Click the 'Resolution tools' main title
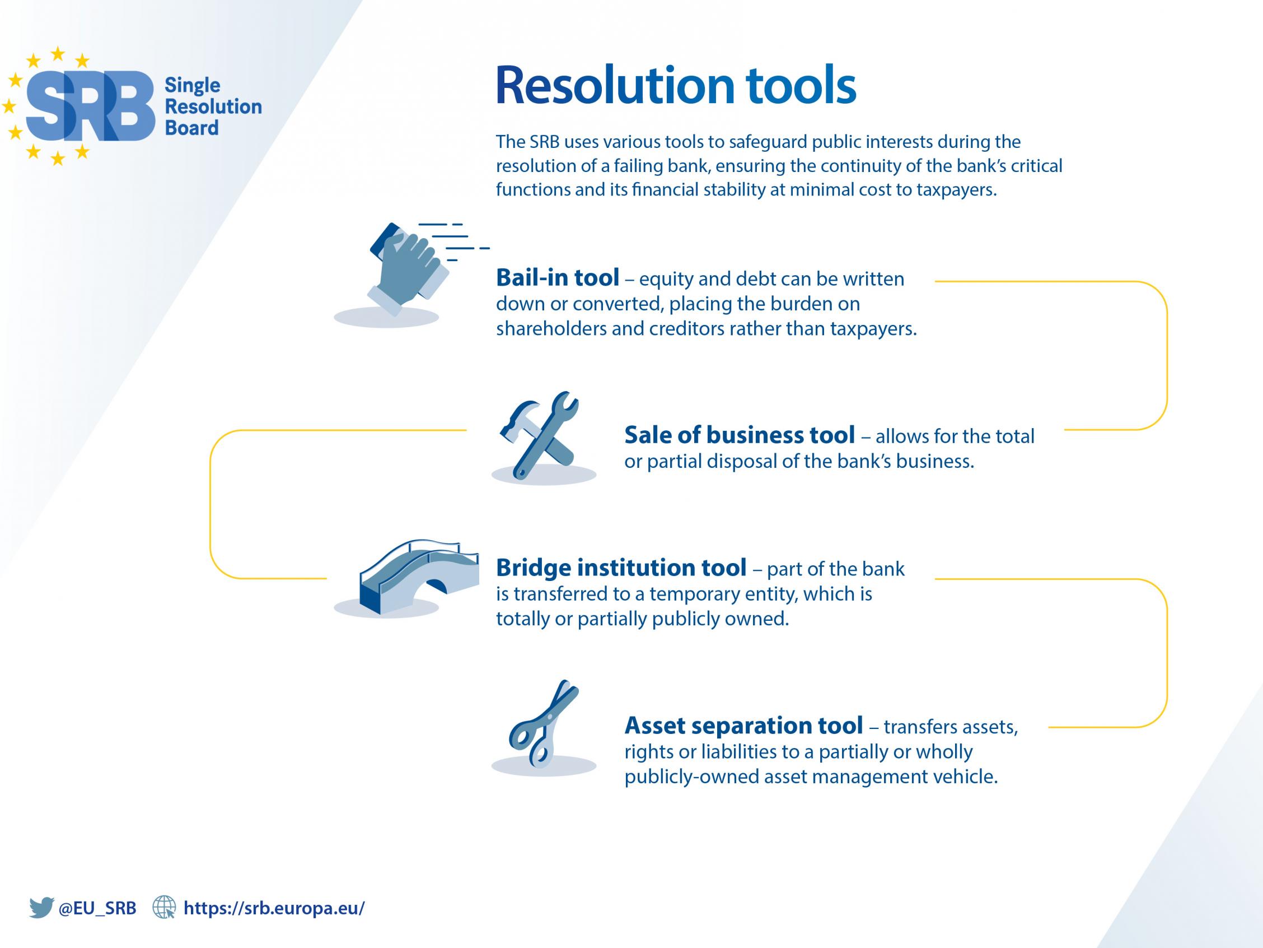(x=676, y=86)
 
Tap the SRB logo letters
(x=90, y=106)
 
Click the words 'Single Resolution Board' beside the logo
(x=213, y=107)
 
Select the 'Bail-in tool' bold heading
(x=557, y=278)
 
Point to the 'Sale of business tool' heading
(x=740, y=435)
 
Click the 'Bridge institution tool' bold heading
(x=621, y=568)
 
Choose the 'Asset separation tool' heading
(x=743, y=725)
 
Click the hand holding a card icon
(x=408, y=268)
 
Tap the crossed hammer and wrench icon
(x=540, y=435)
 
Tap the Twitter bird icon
(x=41, y=908)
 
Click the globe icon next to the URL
(x=165, y=908)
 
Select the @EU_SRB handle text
(x=97, y=908)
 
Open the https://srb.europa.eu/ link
(x=274, y=908)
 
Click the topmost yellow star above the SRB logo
(x=58, y=54)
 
